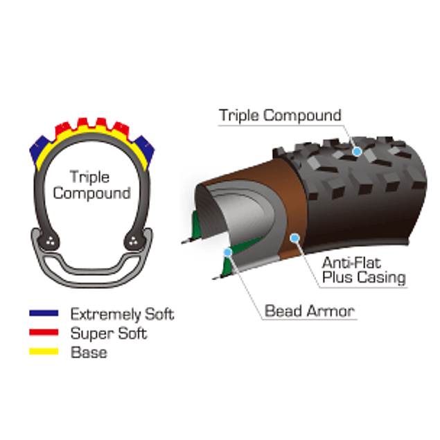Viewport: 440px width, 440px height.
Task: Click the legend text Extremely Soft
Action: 122,314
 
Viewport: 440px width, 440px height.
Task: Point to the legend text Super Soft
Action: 109,333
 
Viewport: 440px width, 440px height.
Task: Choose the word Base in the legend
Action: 89,352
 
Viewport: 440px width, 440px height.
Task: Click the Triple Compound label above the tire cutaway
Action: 280,115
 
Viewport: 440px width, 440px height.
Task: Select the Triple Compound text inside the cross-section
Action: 91,184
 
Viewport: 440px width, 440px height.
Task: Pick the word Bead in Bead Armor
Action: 283,310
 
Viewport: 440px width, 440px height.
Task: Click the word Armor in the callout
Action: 329,310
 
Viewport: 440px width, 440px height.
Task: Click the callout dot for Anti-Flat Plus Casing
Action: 296,238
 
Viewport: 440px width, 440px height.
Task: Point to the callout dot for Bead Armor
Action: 226,246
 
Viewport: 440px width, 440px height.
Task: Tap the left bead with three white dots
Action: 51,241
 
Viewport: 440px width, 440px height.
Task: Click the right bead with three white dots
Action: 132,241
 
